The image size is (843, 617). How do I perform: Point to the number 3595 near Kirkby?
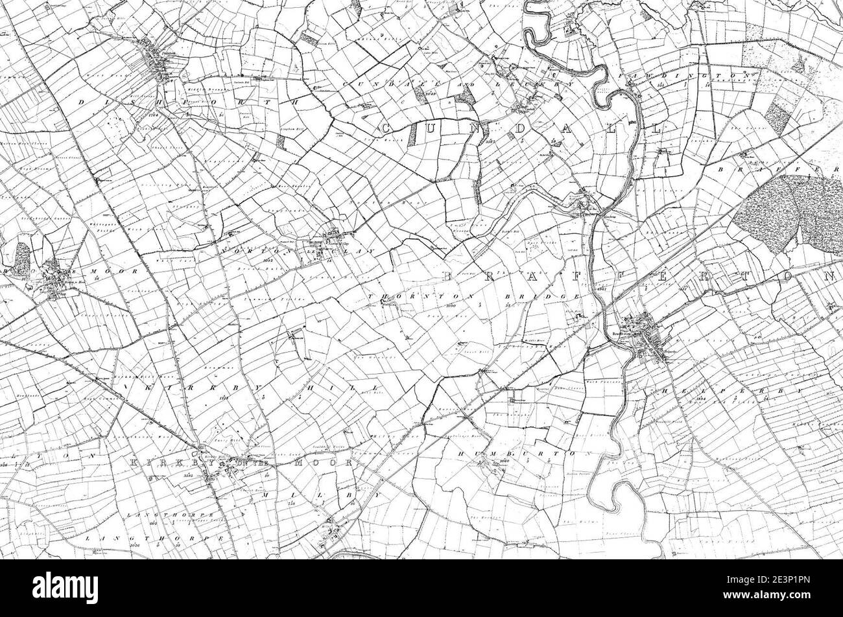tap(189, 475)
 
